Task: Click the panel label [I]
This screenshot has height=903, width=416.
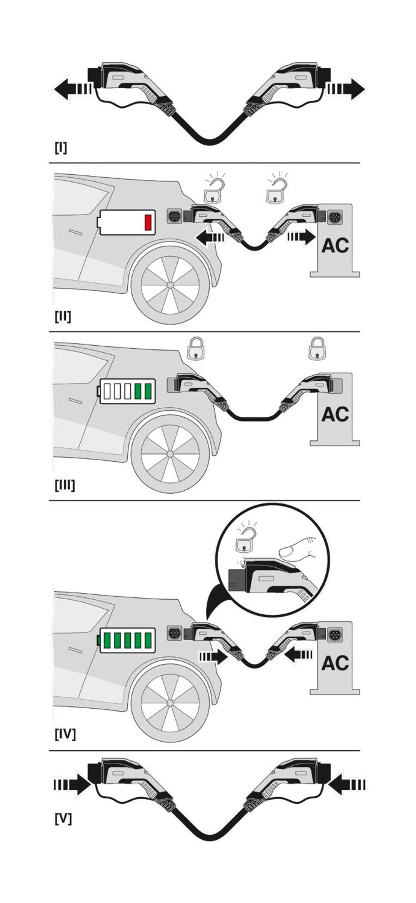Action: coord(61,147)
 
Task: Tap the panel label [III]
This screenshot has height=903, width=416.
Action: coord(65,485)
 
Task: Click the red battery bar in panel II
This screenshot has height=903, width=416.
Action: coord(148,222)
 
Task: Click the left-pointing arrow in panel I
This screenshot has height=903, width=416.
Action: coord(72,89)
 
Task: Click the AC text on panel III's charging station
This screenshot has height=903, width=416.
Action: coord(335,414)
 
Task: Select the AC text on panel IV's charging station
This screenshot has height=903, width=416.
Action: coord(335,663)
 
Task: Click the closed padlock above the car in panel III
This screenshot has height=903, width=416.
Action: coord(196,349)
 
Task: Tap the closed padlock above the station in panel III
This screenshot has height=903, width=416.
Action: coord(317,349)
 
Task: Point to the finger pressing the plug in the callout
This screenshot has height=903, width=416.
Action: coord(298,549)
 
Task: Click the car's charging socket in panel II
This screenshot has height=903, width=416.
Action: coord(174,216)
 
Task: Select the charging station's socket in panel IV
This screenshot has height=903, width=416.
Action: coord(335,635)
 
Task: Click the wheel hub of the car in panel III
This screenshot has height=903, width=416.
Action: coord(170,454)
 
